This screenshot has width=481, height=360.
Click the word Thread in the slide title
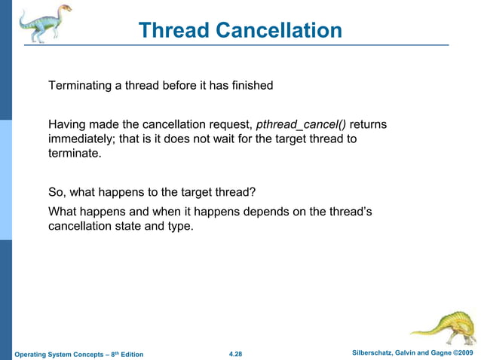(175, 30)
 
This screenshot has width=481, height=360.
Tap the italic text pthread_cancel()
(301, 124)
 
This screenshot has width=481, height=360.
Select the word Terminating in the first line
(80, 86)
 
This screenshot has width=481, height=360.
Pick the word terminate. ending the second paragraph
(74, 153)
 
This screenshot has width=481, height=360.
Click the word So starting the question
(57, 191)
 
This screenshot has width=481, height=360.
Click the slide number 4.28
(235, 354)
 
